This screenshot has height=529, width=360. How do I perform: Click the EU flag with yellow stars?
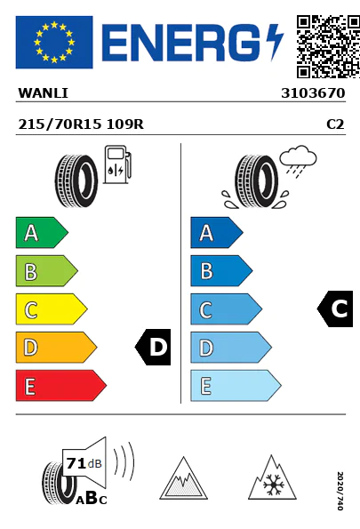point(54,42)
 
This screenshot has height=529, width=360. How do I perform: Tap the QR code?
point(328,46)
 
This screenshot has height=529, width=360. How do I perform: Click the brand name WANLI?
point(44,93)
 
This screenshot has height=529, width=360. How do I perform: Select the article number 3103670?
point(313,93)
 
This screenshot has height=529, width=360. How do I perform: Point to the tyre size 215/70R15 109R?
point(81,124)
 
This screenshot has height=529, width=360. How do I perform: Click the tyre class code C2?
point(335,124)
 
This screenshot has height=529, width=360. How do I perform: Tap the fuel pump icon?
point(117,164)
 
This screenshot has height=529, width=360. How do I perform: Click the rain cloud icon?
point(298,161)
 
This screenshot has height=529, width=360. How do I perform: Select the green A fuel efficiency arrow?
point(42,233)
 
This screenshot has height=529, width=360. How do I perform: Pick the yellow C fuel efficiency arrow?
point(52,309)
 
